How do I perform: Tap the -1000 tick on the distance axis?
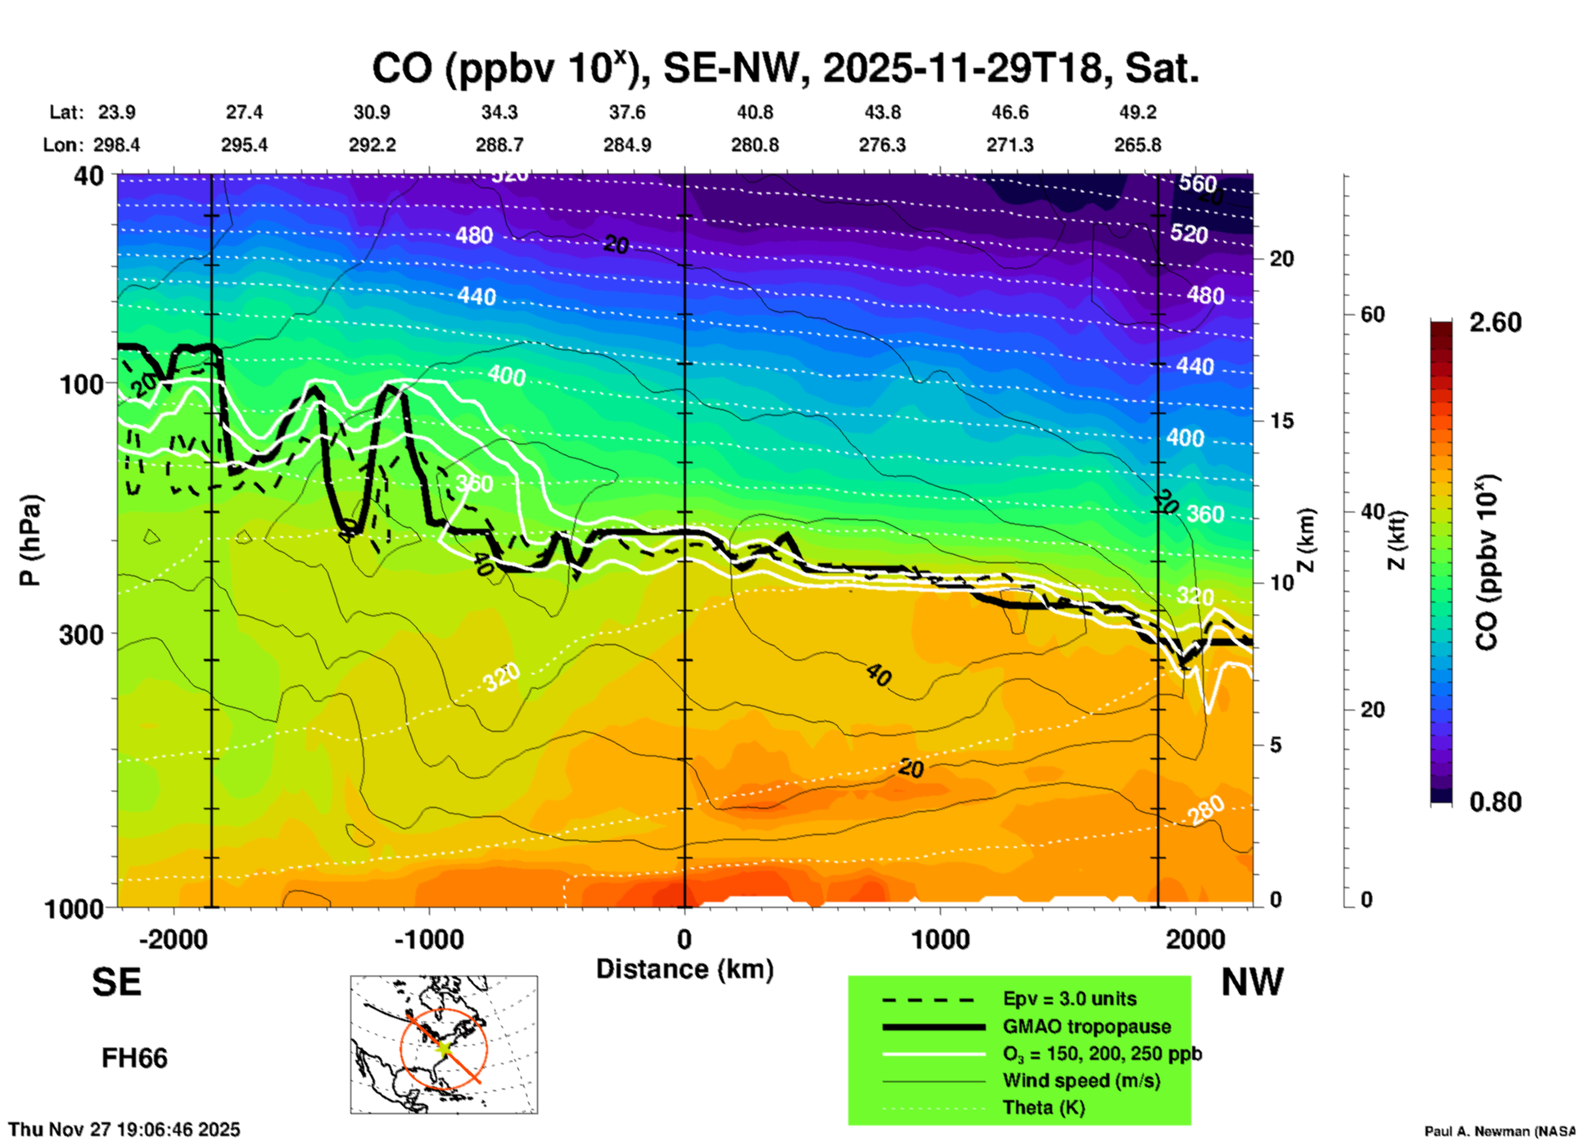[428, 939]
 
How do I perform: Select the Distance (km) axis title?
[685, 969]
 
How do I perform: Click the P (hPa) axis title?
[30, 540]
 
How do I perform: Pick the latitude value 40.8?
[754, 112]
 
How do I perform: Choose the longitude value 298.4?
[116, 145]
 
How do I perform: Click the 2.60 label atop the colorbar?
[1495, 322]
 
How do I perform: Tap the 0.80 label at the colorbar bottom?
[1495, 802]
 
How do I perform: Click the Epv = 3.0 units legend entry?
[1069, 999]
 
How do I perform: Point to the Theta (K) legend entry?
[1043, 1107]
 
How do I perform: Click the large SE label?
[116, 982]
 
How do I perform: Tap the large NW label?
[1252, 982]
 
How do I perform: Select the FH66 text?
[134, 1058]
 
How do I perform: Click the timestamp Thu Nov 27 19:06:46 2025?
[124, 1130]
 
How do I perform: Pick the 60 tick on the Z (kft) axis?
[1372, 314]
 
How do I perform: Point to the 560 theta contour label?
[1197, 183]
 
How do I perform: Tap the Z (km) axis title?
[1308, 540]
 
